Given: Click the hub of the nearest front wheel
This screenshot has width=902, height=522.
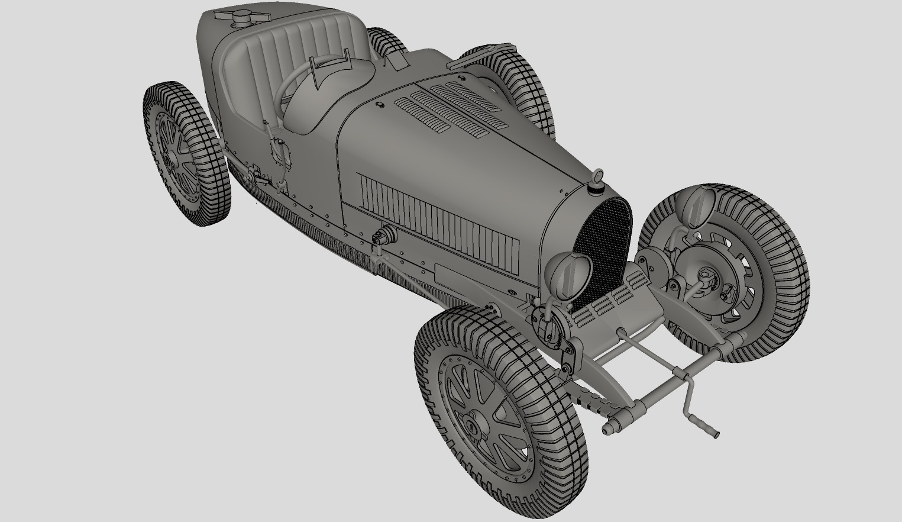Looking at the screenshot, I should (471, 425).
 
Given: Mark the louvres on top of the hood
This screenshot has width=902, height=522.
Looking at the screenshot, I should (455, 107).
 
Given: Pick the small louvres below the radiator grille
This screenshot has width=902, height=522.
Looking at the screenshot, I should (603, 305).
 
